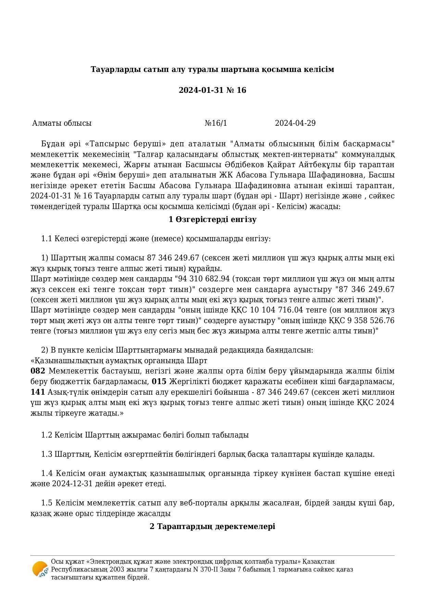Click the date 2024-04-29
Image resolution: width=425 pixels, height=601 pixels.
tap(295, 123)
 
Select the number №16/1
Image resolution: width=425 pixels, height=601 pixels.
tap(215, 123)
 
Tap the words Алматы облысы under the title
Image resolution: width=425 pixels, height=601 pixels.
tap(62, 123)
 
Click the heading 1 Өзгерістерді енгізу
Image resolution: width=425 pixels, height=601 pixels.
tap(212, 220)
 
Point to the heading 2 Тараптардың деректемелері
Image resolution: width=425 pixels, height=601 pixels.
tap(212, 526)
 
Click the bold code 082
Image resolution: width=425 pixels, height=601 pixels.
tap(38, 371)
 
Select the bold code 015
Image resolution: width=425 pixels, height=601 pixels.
tap(159, 382)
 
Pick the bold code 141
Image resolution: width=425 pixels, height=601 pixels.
tap(38, 392)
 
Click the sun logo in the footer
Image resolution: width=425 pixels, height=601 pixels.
tap(40, 569)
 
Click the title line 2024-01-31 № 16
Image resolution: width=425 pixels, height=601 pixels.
tap(212, 90)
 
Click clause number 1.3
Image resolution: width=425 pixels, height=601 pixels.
tap(47, 454)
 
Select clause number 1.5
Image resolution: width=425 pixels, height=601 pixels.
tap(47, 503)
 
